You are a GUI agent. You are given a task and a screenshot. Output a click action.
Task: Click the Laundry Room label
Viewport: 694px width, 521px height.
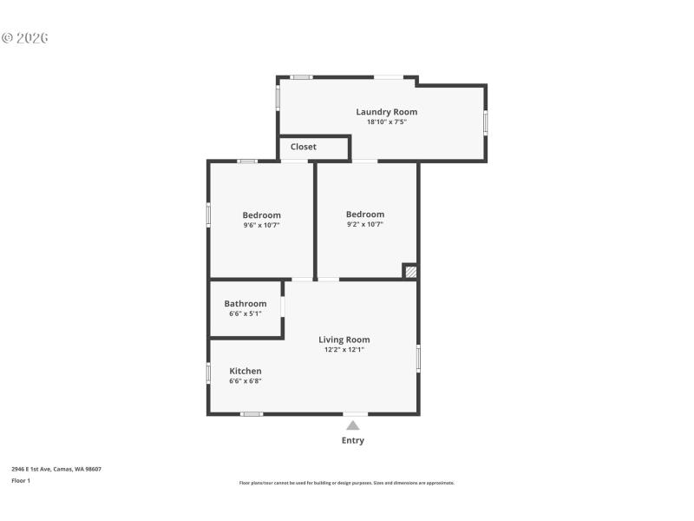tap(386, 112)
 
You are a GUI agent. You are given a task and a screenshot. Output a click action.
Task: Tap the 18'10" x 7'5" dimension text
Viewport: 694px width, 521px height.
tap(386, 122)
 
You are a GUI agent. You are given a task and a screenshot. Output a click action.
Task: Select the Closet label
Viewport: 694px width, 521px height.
tap(304, 147)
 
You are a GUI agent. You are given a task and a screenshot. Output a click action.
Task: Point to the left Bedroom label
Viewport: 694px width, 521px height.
tap(261, 215)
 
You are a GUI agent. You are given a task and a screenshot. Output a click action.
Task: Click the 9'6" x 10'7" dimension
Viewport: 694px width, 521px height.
tap(261, 225)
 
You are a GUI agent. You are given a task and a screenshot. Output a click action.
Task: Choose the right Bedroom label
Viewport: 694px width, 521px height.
tap(364, 214)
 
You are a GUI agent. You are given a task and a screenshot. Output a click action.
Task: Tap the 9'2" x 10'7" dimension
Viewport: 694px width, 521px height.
tap(364, 224)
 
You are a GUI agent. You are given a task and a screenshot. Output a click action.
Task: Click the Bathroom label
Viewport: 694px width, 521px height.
tap(246, 304)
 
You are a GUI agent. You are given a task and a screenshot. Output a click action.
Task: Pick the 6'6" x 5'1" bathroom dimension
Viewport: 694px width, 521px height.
tap(246, 313)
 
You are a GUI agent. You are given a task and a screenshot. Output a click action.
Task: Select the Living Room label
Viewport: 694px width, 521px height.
tap(344, 340)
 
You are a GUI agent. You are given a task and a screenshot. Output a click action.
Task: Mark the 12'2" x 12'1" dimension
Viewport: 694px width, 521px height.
tap(344, 350)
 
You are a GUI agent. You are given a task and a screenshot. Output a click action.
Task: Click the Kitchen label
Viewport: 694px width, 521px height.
tap(246, 371)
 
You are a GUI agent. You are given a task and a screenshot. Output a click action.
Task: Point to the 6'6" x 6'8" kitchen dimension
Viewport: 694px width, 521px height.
tap(246, 381)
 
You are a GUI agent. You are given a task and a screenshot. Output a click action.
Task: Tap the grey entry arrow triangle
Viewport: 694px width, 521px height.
tap(353, 425)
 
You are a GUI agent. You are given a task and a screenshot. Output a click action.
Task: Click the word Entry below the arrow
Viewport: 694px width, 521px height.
tap(353, 440)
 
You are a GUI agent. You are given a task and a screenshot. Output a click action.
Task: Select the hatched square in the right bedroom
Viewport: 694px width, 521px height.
tap(410, 272)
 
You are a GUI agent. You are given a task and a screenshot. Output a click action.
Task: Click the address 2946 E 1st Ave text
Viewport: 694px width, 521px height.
tap(56, 469)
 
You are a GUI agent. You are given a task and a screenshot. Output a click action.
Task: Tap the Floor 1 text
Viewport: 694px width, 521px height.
tap(21, 480)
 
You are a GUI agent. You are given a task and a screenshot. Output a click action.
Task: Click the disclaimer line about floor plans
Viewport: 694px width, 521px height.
tap(347, 483)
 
